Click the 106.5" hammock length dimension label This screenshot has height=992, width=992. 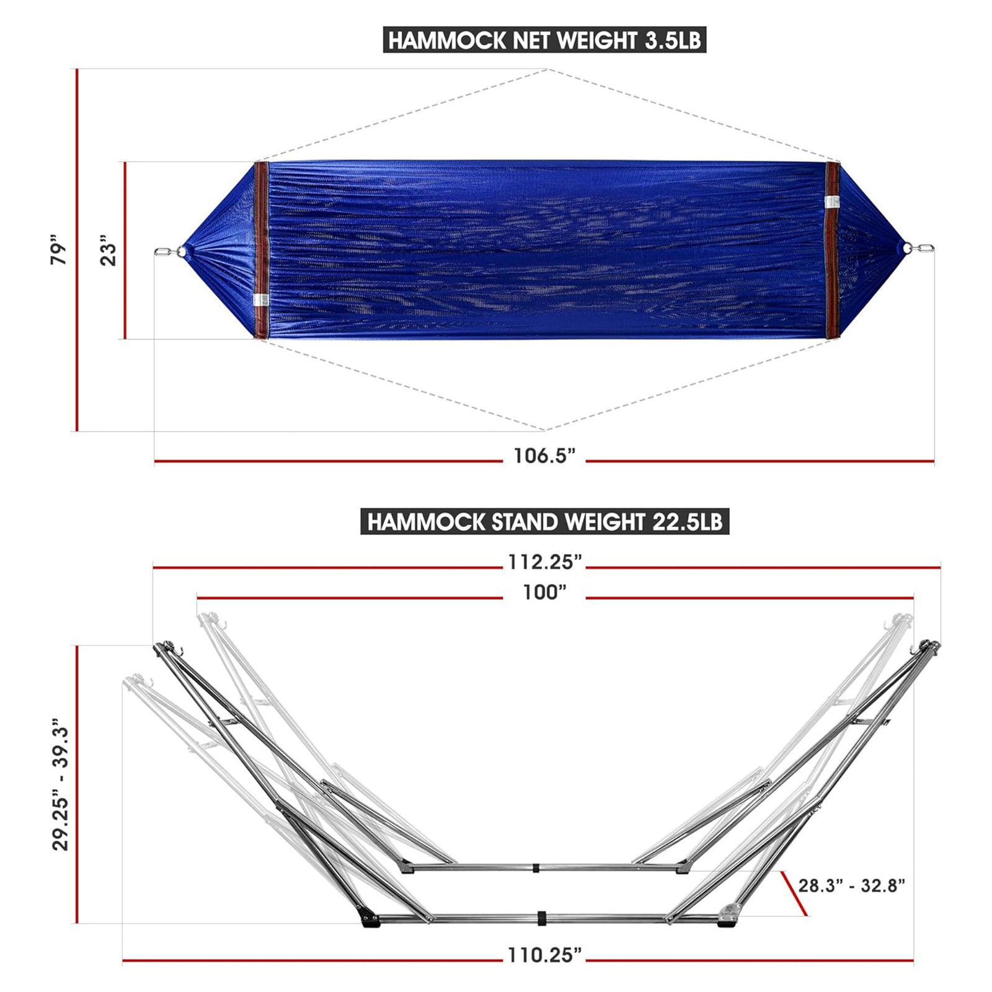[544, 456]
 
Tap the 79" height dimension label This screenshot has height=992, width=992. [59, 250]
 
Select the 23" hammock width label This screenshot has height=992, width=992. [109, 250]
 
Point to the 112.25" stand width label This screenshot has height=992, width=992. [544, 562]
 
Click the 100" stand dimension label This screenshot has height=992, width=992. [544, 593]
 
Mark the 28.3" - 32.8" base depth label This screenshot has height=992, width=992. [851, 885]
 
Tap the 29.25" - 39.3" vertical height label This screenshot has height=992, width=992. [61, 784]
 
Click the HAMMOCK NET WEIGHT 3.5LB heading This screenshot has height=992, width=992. [544, 41]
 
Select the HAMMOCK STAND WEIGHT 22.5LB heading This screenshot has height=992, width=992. [544, 522]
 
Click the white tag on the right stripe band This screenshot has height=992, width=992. [832, 202]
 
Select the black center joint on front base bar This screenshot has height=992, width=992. [541, 918]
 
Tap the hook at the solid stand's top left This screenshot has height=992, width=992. [180, 651]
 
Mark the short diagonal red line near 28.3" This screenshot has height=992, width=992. [794, 894]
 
